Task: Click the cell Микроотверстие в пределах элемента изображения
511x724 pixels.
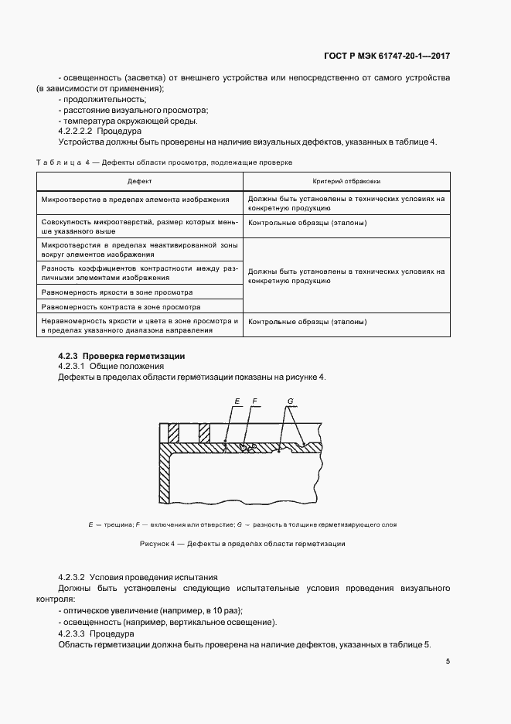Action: [136, 199]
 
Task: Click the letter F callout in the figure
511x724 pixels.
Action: [254, 401]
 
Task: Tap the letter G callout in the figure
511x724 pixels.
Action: [290, 401]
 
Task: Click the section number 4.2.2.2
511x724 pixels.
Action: [75, 131]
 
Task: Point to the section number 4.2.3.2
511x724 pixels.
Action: [71, 578]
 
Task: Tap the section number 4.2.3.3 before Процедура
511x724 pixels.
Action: [71, 633]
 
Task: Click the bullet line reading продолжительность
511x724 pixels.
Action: [104, 100]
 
